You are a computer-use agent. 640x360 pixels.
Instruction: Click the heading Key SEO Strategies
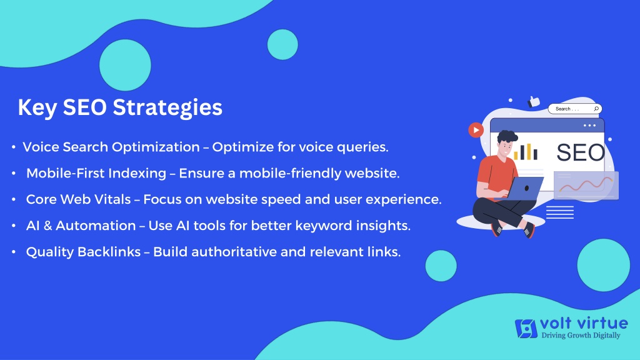(x=120, y=107)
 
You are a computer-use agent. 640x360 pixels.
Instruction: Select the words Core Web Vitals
(x=78, y=199)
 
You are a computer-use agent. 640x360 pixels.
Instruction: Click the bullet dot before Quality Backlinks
(x=14, y=252)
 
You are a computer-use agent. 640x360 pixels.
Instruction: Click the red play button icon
(x=476, y=130)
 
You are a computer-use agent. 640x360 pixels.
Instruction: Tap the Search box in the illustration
(x=575, y=109)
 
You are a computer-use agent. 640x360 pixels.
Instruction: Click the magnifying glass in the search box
(x=596, y=109)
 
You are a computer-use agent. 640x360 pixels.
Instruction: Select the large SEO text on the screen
(x=581, y=152)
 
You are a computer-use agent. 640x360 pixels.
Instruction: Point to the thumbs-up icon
(x=534, y=101)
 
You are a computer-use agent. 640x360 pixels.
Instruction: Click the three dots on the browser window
(x=589, y=125)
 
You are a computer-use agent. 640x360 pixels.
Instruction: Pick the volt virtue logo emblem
(x=526, y=329)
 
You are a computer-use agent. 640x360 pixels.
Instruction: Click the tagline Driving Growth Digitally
(x=581, y=336)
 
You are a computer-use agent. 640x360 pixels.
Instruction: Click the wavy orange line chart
(x=586, y=185)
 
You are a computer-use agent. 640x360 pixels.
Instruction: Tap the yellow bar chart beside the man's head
(x=526, y=151)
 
